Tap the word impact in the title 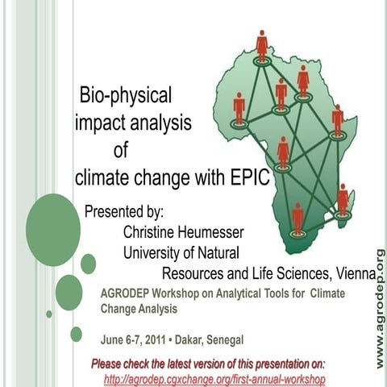(x=100, y=123)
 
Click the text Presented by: (x=124, y=212)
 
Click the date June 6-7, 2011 (x=132, y=339)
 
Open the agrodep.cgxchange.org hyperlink (x=214, y=378)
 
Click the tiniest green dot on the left (x=49, y=314)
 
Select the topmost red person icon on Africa (x=262, y=44)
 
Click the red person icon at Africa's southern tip (x=298, y=218)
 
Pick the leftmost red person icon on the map (x=239, y=107)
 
